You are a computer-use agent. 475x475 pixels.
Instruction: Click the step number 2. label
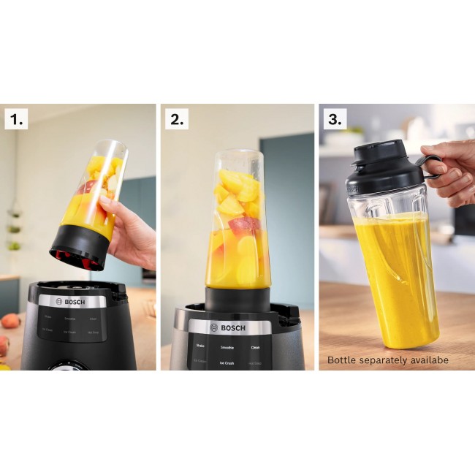[176, 119]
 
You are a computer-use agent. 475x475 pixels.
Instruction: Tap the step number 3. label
[334, 119]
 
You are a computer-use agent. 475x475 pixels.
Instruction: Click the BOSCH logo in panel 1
[72, 301]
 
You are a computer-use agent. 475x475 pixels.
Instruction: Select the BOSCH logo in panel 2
[229, 327]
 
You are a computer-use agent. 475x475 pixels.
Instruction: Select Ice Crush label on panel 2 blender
[227, 362]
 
